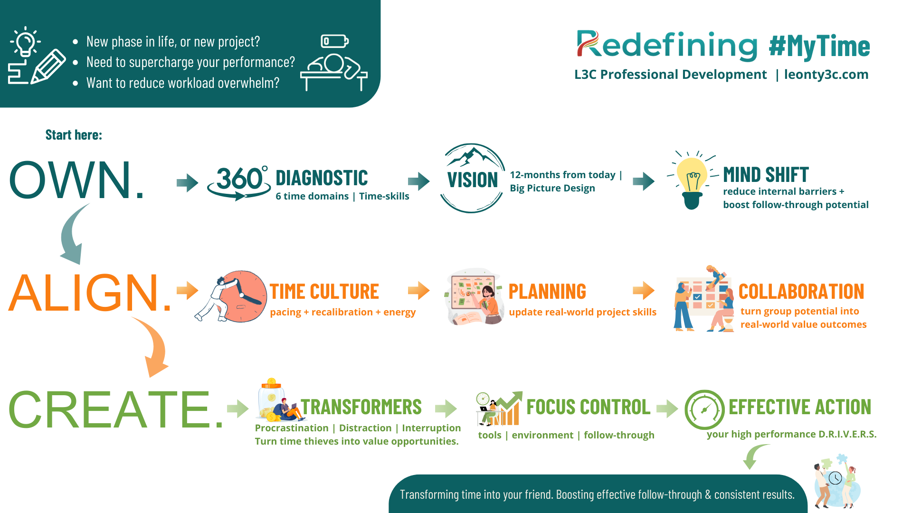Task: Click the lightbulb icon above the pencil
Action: click(x=25, y=41)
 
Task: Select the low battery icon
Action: click(x=334, y=41)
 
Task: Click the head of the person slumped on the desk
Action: click(x=333, y=63)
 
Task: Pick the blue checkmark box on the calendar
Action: click(x=697, y=297)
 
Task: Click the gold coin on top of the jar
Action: click(x=271, y=382)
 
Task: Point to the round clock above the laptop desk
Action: click(x=483, y=398)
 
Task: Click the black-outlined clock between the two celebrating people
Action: click(x=835, y=477)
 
